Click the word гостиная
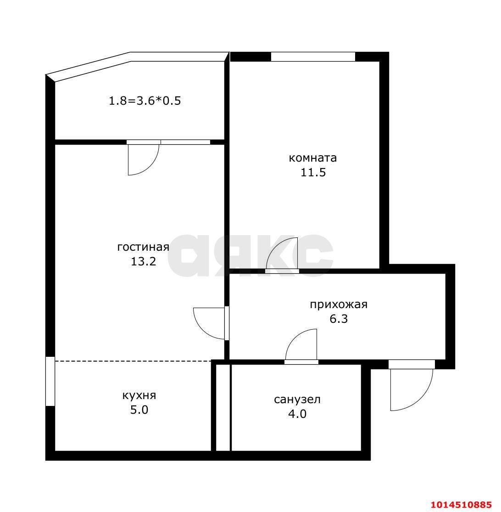click(143, 247)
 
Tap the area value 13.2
click(144, 261)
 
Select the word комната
click(313, 158)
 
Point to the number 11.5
click(313, 172)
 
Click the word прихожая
click(339, 304)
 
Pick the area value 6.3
click(339, 319)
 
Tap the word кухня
click(139, 396)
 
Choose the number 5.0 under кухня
click(139, 410)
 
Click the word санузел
click(297, 399)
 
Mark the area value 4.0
click(297, 414)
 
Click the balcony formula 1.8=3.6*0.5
click(145, 101)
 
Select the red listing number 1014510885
click(461, 505)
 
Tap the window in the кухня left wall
click(50, 382)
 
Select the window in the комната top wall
click(313, 57)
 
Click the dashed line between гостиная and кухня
click(133, 361)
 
